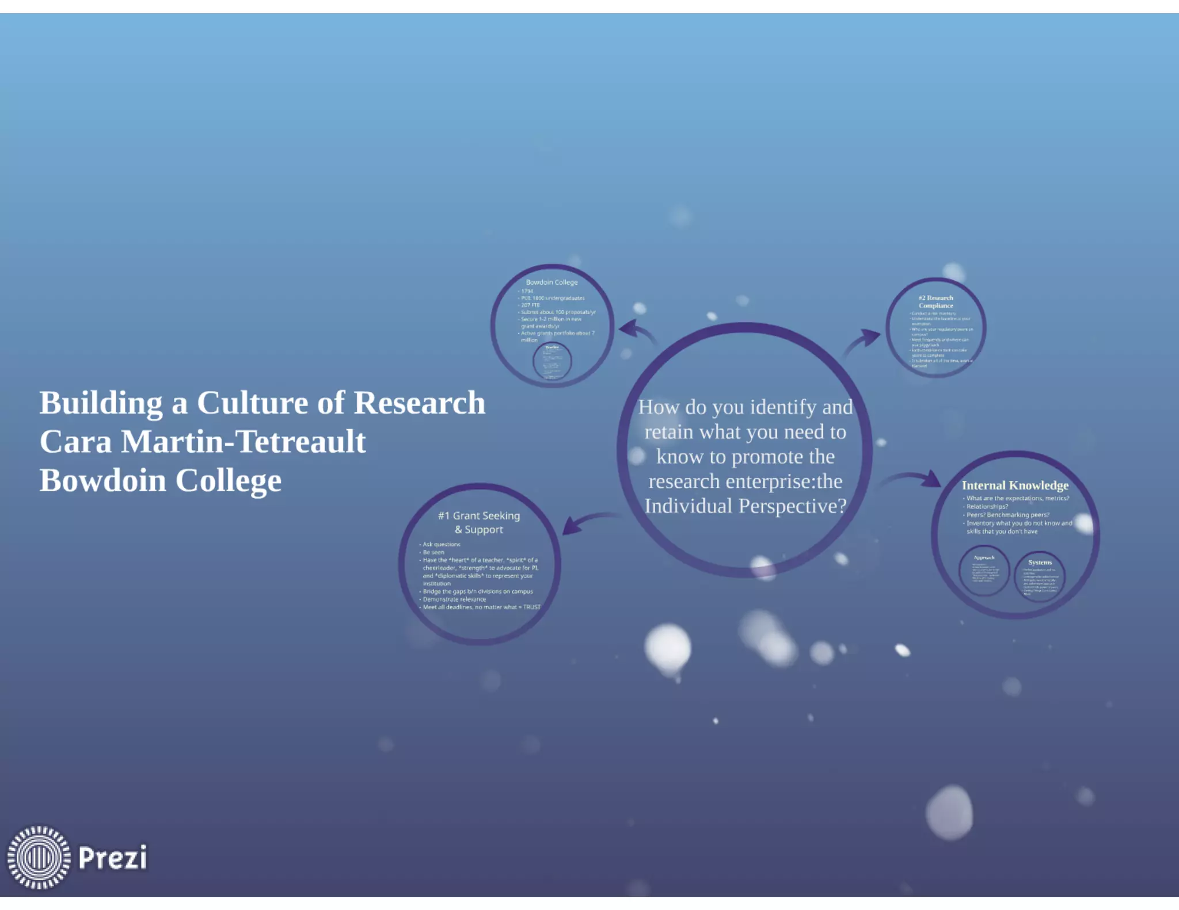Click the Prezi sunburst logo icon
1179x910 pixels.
[x=39, y=857]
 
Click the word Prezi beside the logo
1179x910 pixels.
[x=113, y=858]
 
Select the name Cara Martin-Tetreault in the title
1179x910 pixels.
[x=203, y=442]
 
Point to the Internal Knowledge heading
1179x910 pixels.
[x=1015, y=485]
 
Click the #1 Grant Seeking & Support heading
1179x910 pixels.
[x=479, y=522]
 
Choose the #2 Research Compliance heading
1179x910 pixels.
[x=935, y=301]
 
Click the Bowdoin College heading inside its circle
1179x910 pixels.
[x=552, y=282]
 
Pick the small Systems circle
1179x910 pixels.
[x=1040, y=576]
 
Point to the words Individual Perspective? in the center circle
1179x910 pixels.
[x=746, y=506]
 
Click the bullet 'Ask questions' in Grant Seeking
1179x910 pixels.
[x=442, y=544]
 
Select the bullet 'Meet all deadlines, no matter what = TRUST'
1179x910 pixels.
[x=481, y=607]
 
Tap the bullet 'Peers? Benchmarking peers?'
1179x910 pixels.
[x=1007, y=515]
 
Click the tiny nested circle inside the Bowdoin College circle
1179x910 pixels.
[x=552, y=361]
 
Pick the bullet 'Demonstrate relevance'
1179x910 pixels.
[x=454, y=599]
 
